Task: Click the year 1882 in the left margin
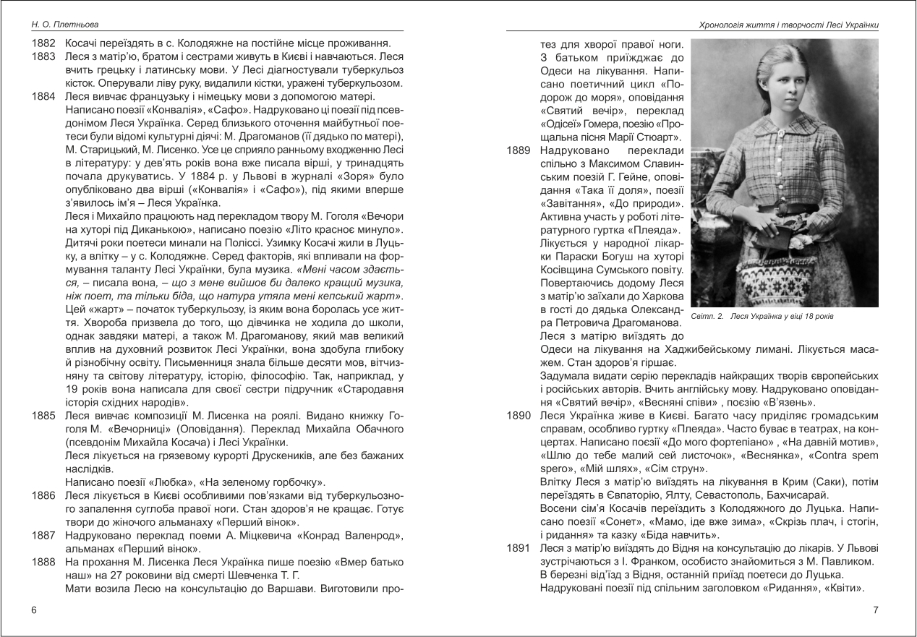44,42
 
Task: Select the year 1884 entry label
44,95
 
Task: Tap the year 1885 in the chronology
44,416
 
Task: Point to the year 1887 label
44,536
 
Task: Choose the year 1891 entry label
519,549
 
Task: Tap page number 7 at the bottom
876,610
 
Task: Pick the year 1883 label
44,56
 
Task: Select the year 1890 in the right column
519,416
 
